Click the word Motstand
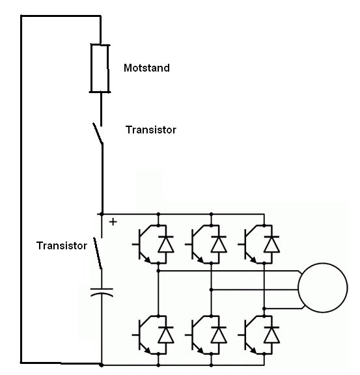pos(146,68)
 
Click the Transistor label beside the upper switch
pos(150,130)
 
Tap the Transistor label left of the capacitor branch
pos(61,245)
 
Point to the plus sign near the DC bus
pos(113,222)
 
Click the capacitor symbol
pos(102,292)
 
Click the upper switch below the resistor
pos(98,133)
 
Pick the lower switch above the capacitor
pos(98,253)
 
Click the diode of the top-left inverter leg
pos(166,244)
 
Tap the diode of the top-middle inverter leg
pos(219,244)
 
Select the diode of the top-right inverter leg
pos(271,244)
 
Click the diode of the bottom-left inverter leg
pos(166,335)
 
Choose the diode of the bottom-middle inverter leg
pos(219,335)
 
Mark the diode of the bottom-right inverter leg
pos(271,335)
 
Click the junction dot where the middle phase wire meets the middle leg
pos(211,290)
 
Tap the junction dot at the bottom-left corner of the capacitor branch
pos(102,365)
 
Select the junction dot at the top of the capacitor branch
pos(102,214)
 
